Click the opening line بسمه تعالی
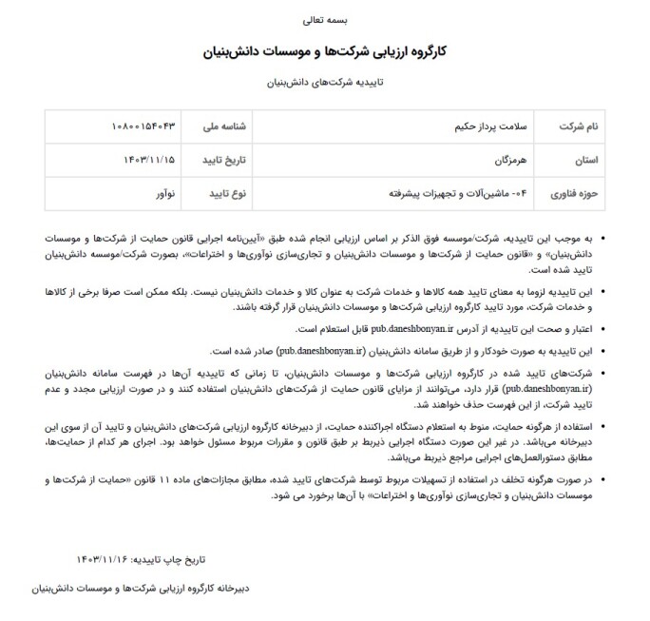[x=324, y=18]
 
